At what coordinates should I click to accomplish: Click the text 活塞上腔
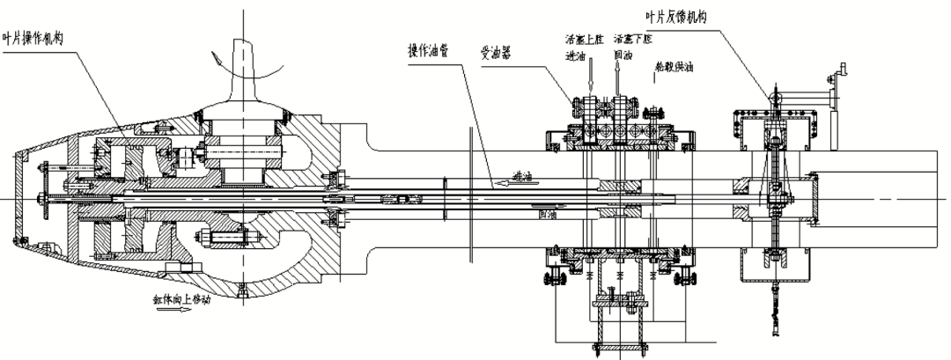pyautogui.click(x=583, y=40)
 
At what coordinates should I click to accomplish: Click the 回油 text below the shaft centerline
pyautogui.click(x=547, y=212)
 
